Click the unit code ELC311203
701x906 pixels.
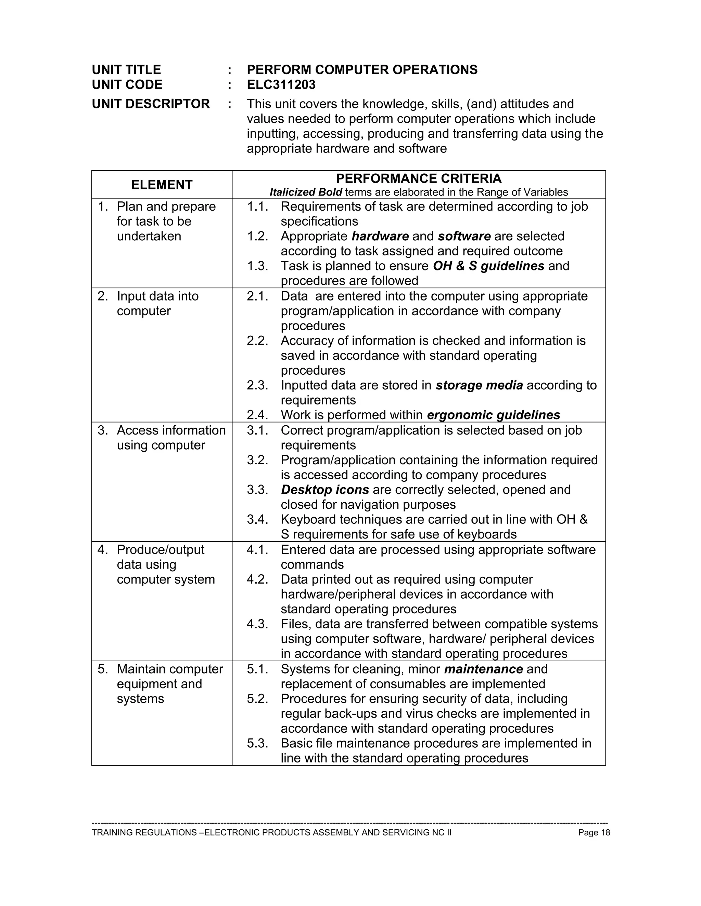[281, 85]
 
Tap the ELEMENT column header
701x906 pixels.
[162, 185]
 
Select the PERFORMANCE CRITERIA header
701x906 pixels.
[418, 179]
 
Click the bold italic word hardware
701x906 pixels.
[380, 237]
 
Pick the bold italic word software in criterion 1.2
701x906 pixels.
[464, 237]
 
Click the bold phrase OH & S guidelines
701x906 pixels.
[488, 266]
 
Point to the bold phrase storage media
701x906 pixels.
[479, 385]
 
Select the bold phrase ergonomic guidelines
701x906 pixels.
[493, 415]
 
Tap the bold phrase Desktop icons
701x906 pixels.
[325, 490]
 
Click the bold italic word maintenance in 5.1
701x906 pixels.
[483, 669]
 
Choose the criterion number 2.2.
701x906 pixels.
[257, 341]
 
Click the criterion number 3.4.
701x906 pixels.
[257, 520]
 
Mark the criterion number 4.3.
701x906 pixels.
[257, 624]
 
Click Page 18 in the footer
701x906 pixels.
[594, 832]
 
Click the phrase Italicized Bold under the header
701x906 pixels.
[306, 192]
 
